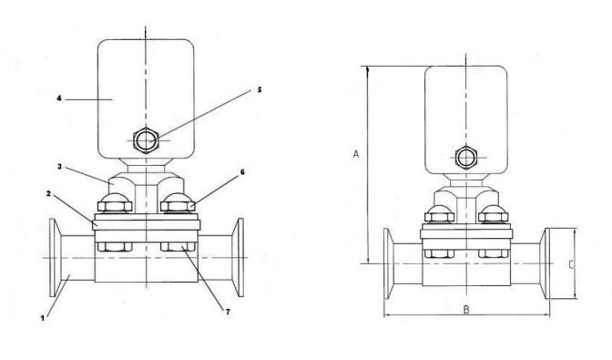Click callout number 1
point(43,318)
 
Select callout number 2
point(49,193)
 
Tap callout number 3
point(59,167)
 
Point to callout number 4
point(59,98)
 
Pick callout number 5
point(260,90)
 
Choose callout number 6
point(242,172)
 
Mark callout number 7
point(228,312)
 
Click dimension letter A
point(355,154)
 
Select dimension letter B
point(466,310)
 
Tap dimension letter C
point(571,264)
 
